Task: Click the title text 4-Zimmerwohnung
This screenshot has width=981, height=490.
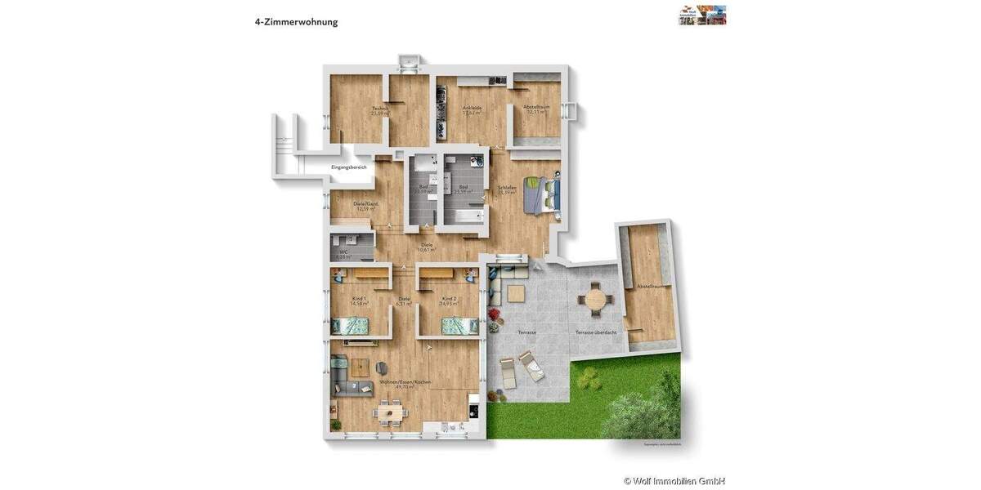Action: (x=296, y=22)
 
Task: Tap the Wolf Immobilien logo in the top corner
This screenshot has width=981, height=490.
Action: (x=702, y=15)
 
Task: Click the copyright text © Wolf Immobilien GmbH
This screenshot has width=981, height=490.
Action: (x=674, y=481)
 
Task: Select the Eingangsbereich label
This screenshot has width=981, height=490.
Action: (x=348, y=167)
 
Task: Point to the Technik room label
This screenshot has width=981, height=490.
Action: (x=379, y=109)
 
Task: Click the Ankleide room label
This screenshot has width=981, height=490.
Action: (x=472, y=108)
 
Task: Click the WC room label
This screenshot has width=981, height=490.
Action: (x=343, y=252)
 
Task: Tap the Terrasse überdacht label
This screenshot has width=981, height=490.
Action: (x=595, y=332)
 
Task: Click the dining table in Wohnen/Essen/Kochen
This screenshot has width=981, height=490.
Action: (x=389, y=413)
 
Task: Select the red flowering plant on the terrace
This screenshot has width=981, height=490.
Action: (x=494, y=314)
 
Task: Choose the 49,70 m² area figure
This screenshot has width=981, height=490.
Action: (x=405, y=387)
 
